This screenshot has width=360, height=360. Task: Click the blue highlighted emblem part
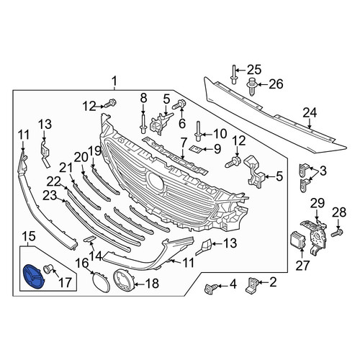pos(32,276)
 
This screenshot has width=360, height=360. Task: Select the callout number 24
pos(310,113)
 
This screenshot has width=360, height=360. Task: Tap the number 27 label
pos(302,266)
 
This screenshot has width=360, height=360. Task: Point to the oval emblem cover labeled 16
pos(101,283)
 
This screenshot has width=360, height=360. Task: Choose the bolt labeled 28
pos(337,233)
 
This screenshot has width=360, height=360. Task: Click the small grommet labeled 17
pos(47,269)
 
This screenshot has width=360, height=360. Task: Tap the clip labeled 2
pos(251,285)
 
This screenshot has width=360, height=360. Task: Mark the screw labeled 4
pos(210,288)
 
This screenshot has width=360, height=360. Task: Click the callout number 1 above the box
pos(114,81)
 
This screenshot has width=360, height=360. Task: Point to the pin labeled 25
pos(233,75)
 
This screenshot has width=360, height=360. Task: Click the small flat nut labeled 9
pos(196,150)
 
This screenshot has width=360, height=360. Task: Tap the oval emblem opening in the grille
pos(156,183)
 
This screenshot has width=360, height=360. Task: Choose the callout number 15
pos(29,236)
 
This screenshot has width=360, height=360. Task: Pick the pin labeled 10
pos(198,132)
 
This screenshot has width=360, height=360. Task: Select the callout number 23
pos(50,195)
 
